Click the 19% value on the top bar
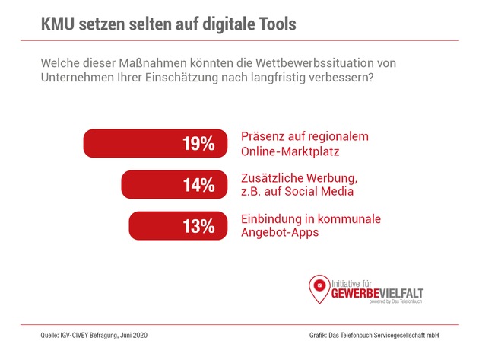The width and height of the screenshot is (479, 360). coord(198,144)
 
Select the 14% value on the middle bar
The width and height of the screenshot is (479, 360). coord(198,185)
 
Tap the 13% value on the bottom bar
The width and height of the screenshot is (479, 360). coord(198,225)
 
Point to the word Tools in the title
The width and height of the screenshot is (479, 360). coord(271,23)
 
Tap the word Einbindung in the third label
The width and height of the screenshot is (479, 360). coord(273,219)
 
